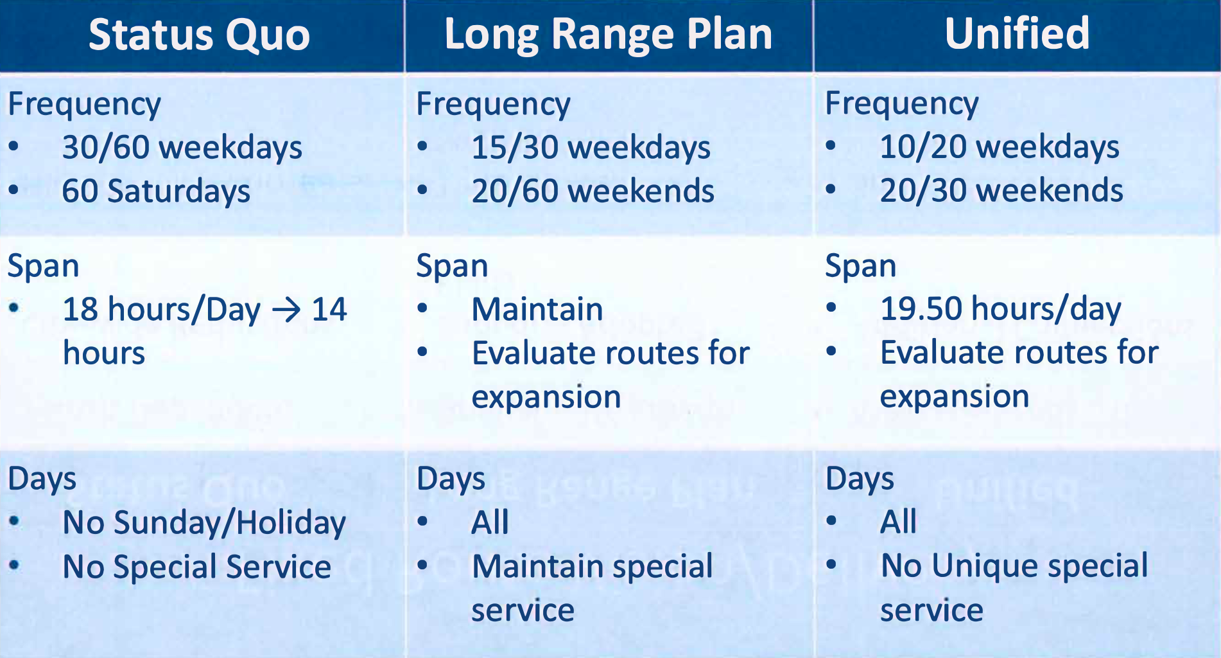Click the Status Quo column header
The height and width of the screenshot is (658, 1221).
(199, 35)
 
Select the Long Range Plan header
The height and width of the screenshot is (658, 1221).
(608, 35)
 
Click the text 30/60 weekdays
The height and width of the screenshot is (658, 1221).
(182, 147)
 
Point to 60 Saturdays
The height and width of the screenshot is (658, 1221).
(155, 191)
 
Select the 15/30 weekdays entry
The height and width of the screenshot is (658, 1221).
(591, 147)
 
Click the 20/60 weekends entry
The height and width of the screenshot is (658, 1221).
(593, 191)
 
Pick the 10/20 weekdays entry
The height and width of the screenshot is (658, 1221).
(999, 147)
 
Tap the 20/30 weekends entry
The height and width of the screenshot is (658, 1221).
(1001, 190)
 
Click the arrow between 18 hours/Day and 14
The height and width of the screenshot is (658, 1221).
(286, 310)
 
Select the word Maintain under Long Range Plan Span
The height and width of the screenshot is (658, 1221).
(537, 309)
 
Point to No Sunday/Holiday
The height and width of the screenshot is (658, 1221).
(204, 522)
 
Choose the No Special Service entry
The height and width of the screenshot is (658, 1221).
(196, 567)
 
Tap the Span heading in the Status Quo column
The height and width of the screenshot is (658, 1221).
(43, 266)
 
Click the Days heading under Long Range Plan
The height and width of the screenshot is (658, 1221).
(451, 479)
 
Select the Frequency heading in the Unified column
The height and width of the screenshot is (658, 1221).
(901, 103)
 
